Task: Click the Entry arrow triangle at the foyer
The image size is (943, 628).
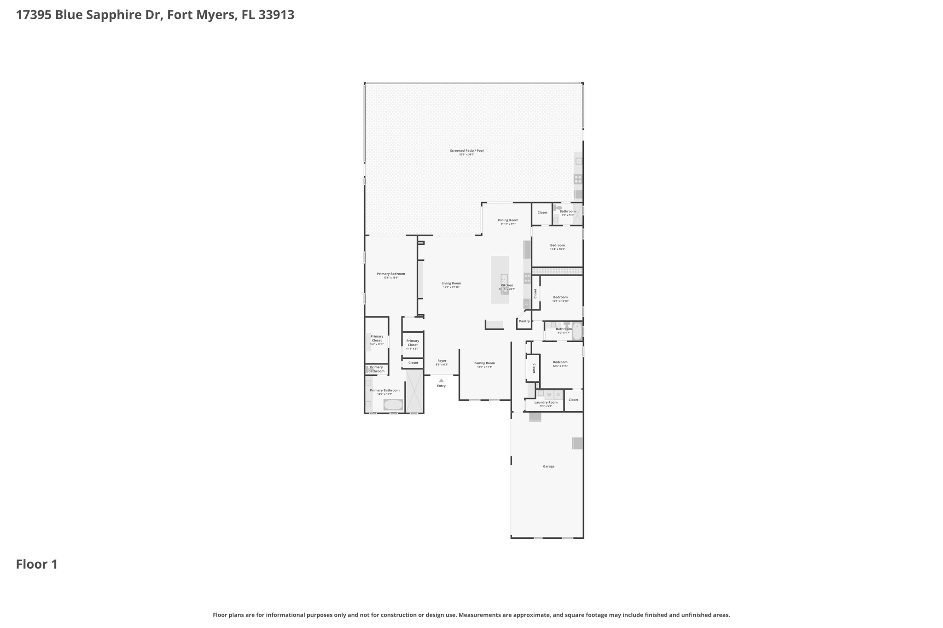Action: [x=441, y=380]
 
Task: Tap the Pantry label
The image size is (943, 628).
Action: [x=524, y=321]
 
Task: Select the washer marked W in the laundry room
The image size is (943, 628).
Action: [x=549, y=395]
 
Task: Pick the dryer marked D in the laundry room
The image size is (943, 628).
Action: [x=559, y=395]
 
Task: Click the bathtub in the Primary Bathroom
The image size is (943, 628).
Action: [x=393, y=405]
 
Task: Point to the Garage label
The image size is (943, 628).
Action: [x=548, y=467]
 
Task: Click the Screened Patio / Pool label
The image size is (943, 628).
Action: [x=466, y=150]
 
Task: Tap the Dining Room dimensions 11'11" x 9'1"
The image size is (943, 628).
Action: [x=508, y=224]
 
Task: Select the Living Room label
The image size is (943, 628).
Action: [x=451, y=283]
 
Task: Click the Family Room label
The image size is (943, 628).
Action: [x=484, y=363]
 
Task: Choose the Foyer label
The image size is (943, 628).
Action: [x=442, y=361]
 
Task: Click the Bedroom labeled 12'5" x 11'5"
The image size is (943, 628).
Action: [x=560, y=362]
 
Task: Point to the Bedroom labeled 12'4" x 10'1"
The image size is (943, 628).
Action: [x=557, y=245]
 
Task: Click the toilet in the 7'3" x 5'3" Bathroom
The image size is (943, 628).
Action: [x=558, y=208]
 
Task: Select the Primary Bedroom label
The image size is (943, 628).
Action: [x=391, y=274]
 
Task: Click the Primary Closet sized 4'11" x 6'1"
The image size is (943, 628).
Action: [x=413, y=343]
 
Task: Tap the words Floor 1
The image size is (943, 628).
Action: [x=37, y=565]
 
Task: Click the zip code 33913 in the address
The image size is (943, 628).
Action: [x=276, y=15]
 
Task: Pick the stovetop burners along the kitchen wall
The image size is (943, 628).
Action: [x=527, y=278]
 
